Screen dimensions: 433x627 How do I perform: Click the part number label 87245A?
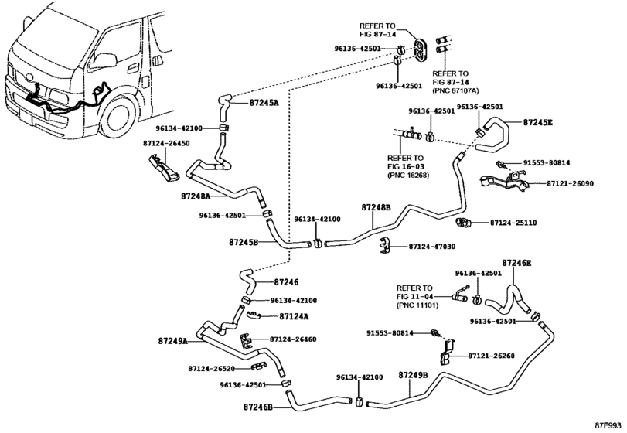[264, 102]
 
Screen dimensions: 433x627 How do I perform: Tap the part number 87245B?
[243, 242]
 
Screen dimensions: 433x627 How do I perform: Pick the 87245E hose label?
[538, 122]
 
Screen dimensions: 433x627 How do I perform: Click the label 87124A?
[294, 316]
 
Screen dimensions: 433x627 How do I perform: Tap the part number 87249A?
[173, 340]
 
